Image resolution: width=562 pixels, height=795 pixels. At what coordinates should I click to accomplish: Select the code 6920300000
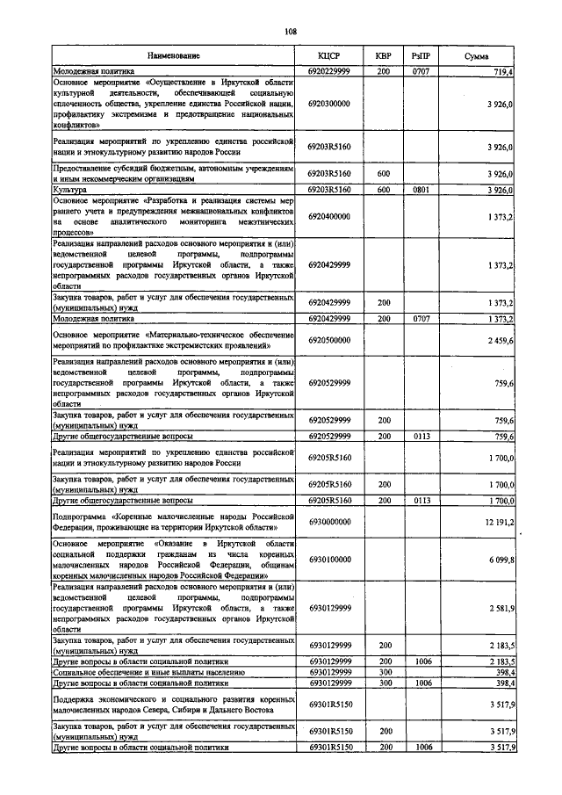click(x=329, y=104)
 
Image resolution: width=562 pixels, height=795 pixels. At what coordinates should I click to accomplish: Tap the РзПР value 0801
click(x=421, y=189)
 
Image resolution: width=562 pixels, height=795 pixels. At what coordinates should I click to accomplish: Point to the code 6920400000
click(x=329, y=216)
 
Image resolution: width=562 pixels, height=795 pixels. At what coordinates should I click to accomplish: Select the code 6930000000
click(x=329, y=522)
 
